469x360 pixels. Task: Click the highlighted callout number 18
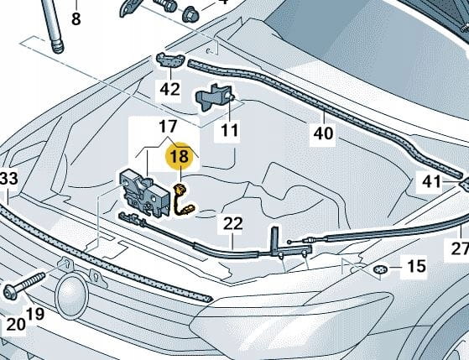tap(180, 156)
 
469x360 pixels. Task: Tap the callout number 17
tap(168, 127)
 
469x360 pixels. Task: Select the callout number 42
tap(170, 89)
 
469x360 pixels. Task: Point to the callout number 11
tap(230, 130)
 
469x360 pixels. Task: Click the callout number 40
tap(323, 133)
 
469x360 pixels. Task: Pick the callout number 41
tap(431, 181)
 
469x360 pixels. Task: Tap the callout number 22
tap(232, 223)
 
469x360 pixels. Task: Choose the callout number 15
tap(417, 266)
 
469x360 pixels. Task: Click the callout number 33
tap(9, 179)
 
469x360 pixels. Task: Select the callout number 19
tap(35, 314)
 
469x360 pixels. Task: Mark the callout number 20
tap(16, 325)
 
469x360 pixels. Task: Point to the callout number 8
tap(76, 18)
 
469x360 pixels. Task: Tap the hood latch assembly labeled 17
tap(143, 191)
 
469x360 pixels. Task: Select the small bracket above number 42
tap(170, 60)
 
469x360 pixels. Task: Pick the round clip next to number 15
tap(380, 270)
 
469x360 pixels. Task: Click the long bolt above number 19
tap(24, 286)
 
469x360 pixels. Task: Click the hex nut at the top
tap(190, 13)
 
